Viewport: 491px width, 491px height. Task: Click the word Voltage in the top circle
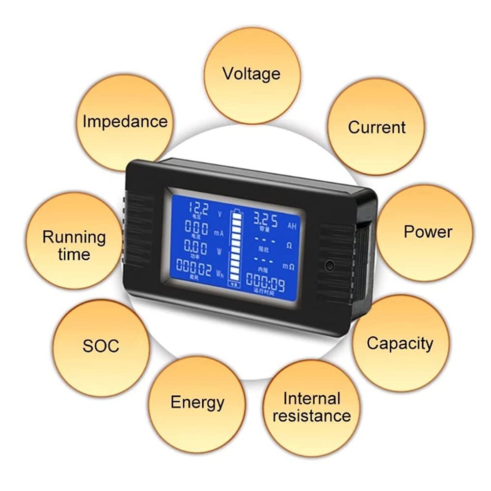click(251, 74)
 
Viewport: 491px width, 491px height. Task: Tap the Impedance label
click(125, 121)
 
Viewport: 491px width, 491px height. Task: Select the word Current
click(377, 127)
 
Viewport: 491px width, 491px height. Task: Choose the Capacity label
click(400, 343)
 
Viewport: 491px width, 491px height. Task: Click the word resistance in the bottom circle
click(312, 416)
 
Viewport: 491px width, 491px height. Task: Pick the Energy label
click(197, 403)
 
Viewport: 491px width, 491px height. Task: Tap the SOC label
click(100, 345)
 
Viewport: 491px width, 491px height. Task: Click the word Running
click(74, 237)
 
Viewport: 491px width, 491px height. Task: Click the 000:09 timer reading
click(265, 282)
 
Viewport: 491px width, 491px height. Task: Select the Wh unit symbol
click(219, 273)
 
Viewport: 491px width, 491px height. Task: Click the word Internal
click(312, 398)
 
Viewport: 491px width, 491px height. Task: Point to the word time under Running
click(74, 254)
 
